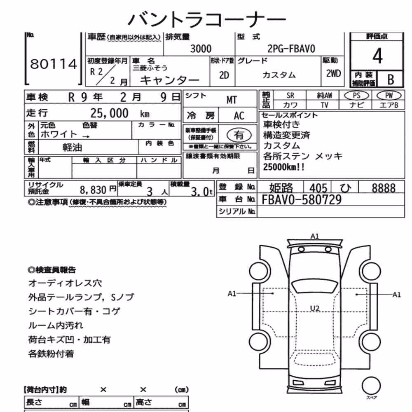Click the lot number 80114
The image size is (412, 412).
[54, 64]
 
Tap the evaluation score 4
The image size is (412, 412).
[377, 56]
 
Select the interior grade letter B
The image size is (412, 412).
[391, 79]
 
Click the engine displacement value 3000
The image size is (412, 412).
[201, 49]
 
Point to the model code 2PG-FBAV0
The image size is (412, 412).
[291, 49]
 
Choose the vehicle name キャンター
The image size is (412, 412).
[170, 80]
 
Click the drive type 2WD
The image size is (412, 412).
[333, 73]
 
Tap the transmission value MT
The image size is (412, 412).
[232, 100]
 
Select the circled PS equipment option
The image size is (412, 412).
[356, 96]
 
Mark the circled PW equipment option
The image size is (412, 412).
[389, 96]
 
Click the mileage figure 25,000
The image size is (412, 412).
[109, 113]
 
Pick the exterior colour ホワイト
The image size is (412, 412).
[59, 134]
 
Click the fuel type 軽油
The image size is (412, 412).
[72, 147]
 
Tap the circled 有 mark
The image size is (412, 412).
[239, 135]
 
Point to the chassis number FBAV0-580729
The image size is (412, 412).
[302, 200]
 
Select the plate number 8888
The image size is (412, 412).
[384, 188]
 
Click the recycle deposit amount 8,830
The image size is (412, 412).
[93, 190]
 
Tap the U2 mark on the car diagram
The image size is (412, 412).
[314, 308]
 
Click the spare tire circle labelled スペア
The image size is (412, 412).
[371, 386]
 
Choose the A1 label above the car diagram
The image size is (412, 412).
[314, 236]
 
